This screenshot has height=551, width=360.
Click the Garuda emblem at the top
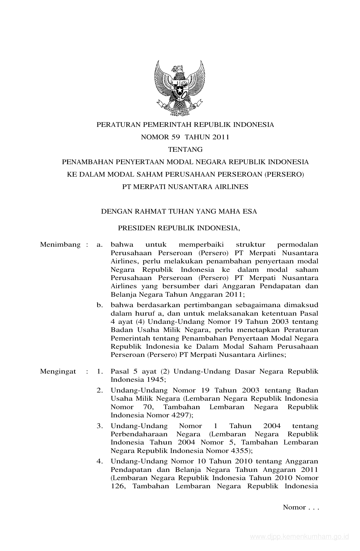[x=180, y=88]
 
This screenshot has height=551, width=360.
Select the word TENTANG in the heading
[x=185, y=149]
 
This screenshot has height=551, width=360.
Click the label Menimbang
[x=60, y=244]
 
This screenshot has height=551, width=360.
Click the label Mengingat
[x=58, y=371]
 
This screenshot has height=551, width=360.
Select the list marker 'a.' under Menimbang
[x=99, y=244]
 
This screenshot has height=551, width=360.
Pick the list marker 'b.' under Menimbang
[x=99, y=305]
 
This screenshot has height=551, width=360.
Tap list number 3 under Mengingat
[x=99, y=426]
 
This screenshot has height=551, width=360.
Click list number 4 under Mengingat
[x=99, y=461]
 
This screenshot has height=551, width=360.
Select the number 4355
[x=240, y=450]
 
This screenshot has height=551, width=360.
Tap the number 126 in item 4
[x=117, y=486]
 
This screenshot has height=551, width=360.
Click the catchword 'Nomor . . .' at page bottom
[x=300, y=507]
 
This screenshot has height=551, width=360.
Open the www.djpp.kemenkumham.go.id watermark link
[x=300, y=536]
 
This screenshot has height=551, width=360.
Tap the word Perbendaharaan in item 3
[x=139, y=434]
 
